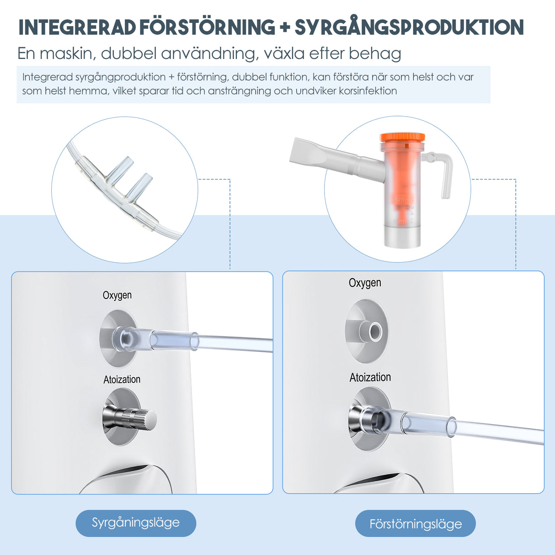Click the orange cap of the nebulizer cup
pyautogui.click(x=402, y=137)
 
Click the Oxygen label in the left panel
pyautogui.click(x=117, y=295)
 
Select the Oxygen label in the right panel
pyautogui.click(x=365, y=283)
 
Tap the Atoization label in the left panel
pyautogui.click(x=122, y=379)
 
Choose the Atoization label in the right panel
pyautogui.click(x=370, y=377)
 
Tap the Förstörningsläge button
pyautogui.click(x=415, y=523)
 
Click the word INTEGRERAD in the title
pyautogui.click(x=77, y=27)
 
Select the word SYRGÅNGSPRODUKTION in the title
pyautogui.click(x=410, y=27)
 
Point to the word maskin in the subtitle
pyautogui.click(x=68, y=53)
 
